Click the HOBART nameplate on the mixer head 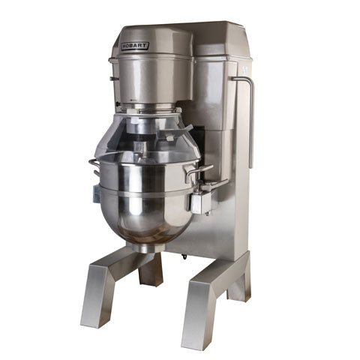(135, 46)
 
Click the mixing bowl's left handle (94, 166)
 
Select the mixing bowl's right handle (197, 172)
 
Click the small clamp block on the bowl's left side (96, 193)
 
